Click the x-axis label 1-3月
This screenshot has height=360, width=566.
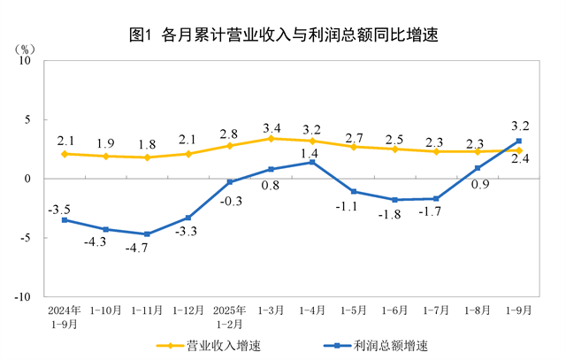[x=271, y=311]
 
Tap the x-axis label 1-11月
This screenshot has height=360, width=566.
[x=147, y=311]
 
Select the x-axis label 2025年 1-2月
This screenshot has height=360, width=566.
[x=229, y=318]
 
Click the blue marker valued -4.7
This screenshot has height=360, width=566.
[x=147, y=234]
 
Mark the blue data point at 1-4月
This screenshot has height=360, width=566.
[x=312, y=162]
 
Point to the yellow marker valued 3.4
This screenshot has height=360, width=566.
[x=271, y=138]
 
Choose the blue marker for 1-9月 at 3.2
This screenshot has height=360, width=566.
[x=518, y=141]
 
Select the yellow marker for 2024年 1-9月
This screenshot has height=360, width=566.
[x=65, y=154]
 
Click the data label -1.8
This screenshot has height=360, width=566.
[x=395, y=215]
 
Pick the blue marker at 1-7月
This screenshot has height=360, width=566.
[x=436, y=198]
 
